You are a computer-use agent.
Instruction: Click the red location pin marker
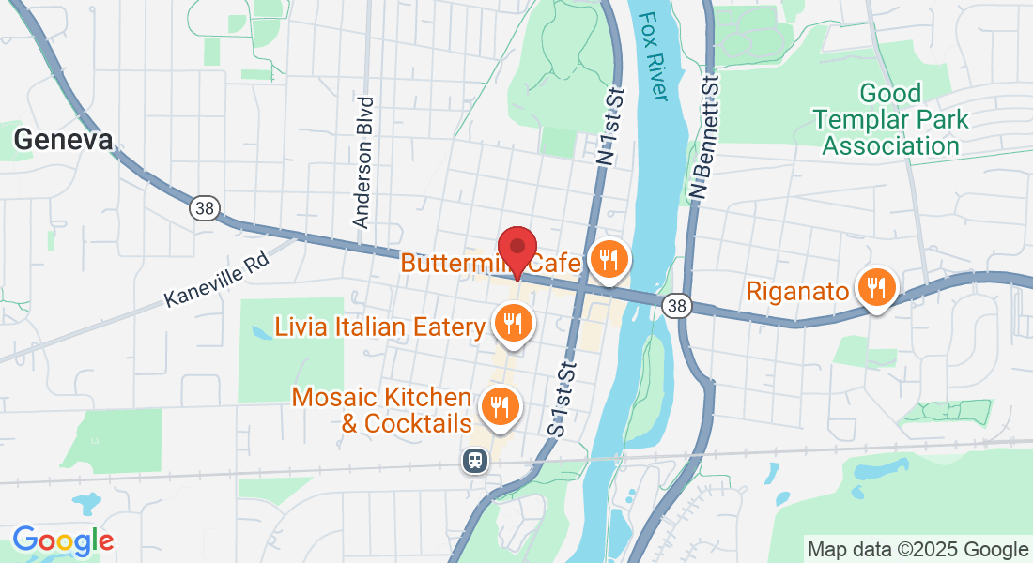(516, 251)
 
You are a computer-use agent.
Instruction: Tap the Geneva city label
(63, 140)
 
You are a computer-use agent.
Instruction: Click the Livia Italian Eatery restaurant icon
(513, 324)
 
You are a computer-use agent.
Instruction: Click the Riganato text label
(797, 290)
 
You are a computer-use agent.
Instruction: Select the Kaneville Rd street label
(217, 279)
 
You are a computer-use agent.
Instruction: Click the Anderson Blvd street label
(364, 161)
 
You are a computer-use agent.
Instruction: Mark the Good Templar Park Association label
(890, 120)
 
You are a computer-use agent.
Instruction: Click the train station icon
(476, 460)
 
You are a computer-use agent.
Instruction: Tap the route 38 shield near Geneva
(204, 207)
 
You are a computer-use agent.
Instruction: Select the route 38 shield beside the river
(676, 305)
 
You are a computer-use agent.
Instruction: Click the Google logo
(63, 540)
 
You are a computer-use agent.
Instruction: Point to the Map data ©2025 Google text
(917, 550)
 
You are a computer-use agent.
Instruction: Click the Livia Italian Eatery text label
(379, 327)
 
